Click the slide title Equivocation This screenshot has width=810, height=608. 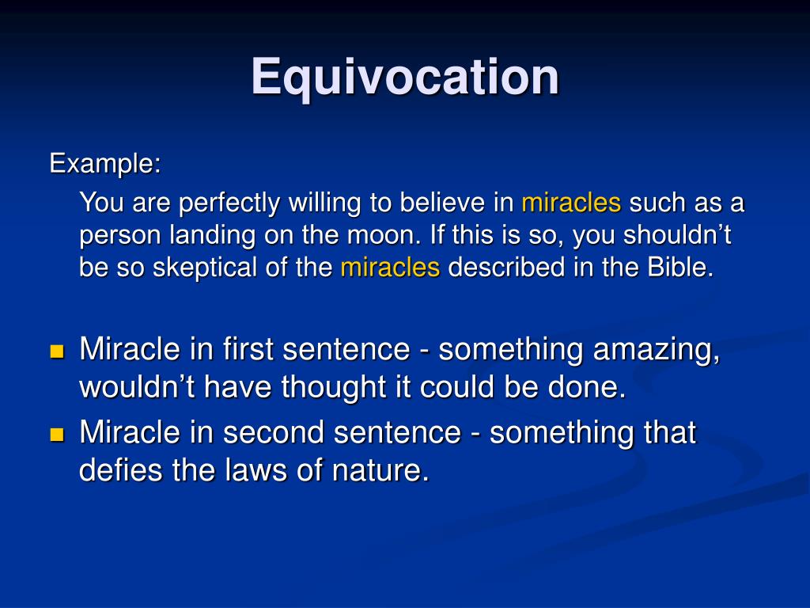(405, 77)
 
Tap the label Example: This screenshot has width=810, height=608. (105, 164)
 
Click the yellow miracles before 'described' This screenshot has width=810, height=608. (390, 268)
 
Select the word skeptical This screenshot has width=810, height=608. (204, 268)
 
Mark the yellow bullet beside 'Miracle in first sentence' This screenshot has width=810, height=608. (56, 351)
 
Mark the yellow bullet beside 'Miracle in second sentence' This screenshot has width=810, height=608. (56, 434)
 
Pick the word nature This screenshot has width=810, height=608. (378, 470)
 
